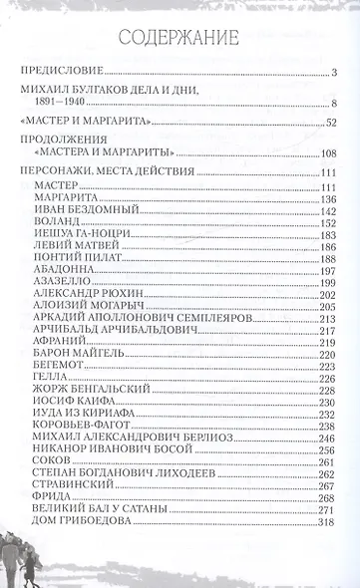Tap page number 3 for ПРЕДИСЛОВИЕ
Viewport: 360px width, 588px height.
[336, 73]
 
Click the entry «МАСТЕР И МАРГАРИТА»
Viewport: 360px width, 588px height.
[74, 122]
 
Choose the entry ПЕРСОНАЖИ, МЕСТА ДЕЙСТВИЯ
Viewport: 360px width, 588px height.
[98, 172]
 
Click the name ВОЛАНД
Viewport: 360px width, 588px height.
[58, 226]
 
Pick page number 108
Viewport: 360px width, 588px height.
[330, 153]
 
